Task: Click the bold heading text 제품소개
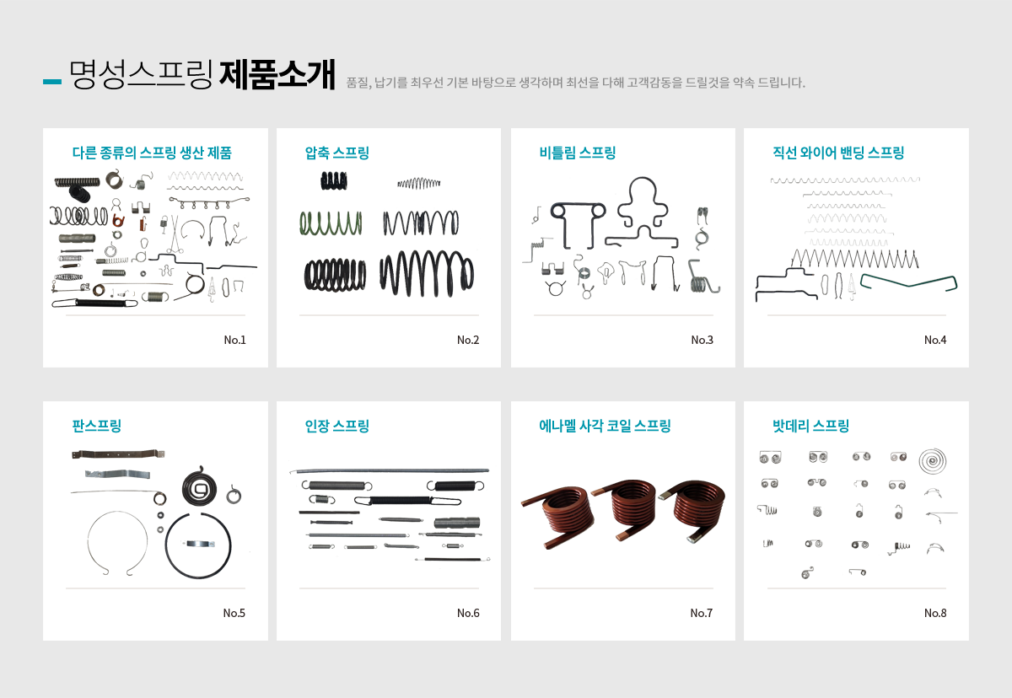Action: pos(277,74)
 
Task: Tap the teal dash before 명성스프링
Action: pos(52,82)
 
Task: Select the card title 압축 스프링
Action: pos(337,153)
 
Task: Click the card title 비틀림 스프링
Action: pos(578,153)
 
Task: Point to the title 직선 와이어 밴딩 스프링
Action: pos(838,153)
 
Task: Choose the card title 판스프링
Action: pos(97,426)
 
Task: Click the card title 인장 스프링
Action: pos(337,426)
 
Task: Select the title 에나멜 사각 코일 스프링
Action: pos(605,426)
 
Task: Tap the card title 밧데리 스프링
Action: pos(810,426)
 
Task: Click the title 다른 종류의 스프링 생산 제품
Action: pos(152,153)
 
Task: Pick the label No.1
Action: pos(235,340)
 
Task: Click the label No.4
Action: pos(935,340)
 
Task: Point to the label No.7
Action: pos(701,613)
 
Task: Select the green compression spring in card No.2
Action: pos(331,223)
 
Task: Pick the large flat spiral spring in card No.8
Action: pos(933,461)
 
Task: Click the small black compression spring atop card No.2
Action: pos(334,181)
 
